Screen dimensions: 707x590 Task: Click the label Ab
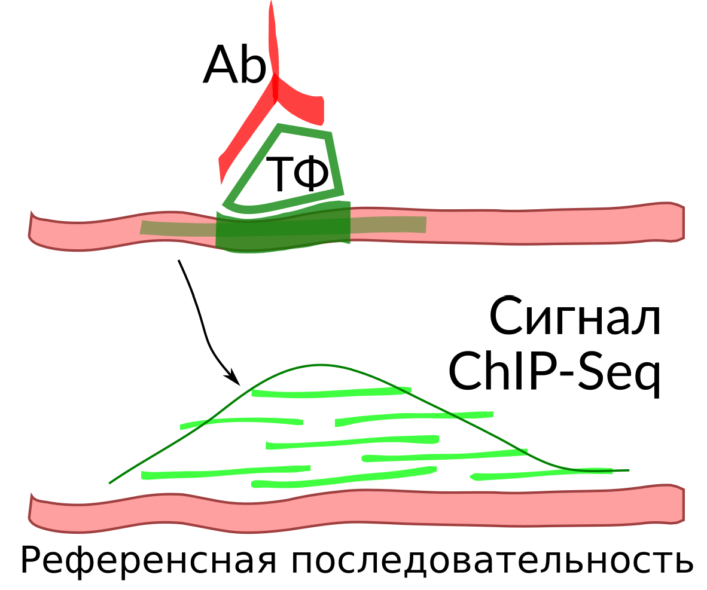[x=234, y=65]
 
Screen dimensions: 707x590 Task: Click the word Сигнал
[x=575, y=316]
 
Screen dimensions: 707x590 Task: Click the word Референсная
[x=148, y=561]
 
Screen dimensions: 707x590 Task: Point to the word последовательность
[x=492, y=561]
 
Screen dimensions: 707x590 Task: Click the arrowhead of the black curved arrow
[x=234, y=378]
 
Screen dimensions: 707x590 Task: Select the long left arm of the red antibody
[x=246, y=133]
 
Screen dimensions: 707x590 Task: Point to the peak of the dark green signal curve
[x=320, y=365]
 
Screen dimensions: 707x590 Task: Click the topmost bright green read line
[x=331, y=392]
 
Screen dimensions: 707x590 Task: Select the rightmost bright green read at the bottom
[x=541, y=474]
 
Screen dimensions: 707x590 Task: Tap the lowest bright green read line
[x=344, y=478]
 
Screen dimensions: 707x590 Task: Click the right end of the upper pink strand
[x=682, y=222]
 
